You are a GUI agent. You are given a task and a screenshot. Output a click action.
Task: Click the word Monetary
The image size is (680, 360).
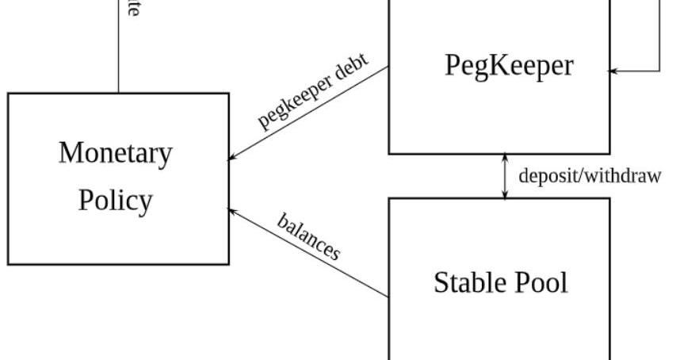pyautogui.click(x=115, y=153)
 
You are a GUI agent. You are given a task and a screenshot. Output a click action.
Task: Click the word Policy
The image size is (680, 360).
pyautogui.click(x=115, y=200)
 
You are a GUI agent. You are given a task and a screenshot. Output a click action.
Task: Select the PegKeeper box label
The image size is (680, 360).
pyautogui.click(x=508, y=66)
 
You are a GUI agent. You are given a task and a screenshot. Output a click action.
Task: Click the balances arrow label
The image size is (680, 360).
pyautogui.click(x=309, y=236)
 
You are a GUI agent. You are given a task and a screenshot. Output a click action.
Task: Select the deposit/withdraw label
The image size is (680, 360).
pyautogui.click(x=589, y=175)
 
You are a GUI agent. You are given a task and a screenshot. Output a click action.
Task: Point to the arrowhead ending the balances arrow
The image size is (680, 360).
pyautogui.click(x=232, y=210)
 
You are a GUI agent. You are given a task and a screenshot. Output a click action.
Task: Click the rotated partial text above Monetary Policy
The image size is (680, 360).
pyautogui.click(x=133, y=10)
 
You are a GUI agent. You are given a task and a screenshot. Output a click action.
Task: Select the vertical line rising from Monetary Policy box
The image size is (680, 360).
pyautogui.click(x=119, y=48)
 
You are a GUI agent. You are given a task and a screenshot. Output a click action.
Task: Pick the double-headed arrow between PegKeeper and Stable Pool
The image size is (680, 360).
pyautogui.click(x=506, y=176)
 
